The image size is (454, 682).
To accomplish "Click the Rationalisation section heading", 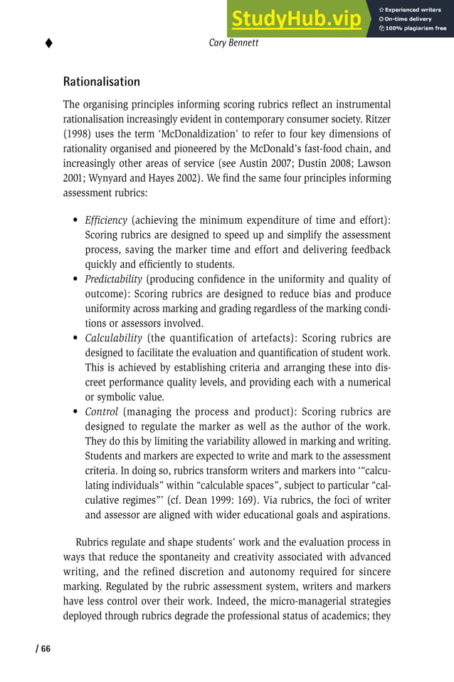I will pos(101,82).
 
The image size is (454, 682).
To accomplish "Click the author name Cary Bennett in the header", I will pos(234,43).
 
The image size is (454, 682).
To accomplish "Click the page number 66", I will pos(44,648).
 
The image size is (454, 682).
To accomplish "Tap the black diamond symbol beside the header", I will pos(48,43).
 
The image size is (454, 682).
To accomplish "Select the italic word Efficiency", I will pos(106,220).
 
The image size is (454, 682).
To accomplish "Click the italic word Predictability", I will pos(113,279).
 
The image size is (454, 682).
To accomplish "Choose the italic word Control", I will pos(101,412).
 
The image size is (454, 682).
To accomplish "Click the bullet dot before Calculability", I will pos(75,339).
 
